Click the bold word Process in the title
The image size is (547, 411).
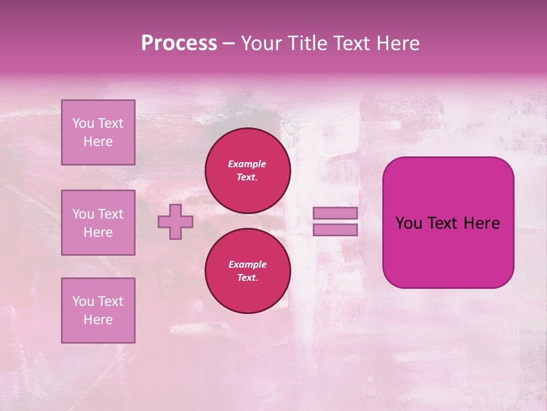tap(179, 43)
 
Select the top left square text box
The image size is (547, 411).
tap(98, 132)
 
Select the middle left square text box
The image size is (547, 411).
tap(98, 223)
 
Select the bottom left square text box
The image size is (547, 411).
tap(98, 311)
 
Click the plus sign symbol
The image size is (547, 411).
tap(175, 221)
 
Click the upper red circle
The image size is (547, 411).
tap(248, 171)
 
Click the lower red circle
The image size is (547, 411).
tap(248, 271)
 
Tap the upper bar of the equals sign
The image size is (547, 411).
tap(336, 213)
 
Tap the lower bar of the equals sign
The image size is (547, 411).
tap(336, 229)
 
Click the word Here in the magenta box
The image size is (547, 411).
tap(481, 223)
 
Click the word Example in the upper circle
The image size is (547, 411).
tap(247, 164)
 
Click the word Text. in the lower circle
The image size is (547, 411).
tap(247, 278)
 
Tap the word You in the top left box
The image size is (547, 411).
tap(83, 123)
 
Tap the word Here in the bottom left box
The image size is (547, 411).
tap(98, 320)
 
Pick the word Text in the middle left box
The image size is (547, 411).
tap(111, 214)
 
